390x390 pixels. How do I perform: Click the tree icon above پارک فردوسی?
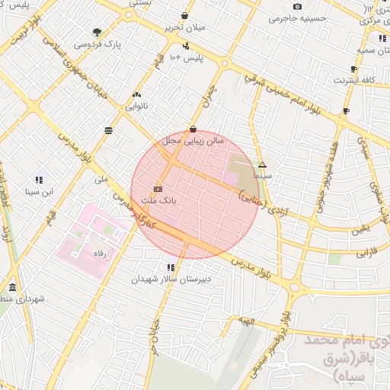(x=97, y=32)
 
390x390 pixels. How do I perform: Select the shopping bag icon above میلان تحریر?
(x=185, y=15)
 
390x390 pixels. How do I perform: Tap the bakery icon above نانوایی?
(x=137, y=95)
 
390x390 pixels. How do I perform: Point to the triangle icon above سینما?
(x=262, y=165)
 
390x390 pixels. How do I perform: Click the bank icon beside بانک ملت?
(x=158, y=187)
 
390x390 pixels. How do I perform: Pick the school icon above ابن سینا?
(x=38, y=180)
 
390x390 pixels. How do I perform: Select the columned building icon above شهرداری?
(x=12, y=287)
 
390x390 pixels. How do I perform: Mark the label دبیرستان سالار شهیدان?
(x=171, y=280)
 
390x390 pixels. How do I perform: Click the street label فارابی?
(x=366, y=249)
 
